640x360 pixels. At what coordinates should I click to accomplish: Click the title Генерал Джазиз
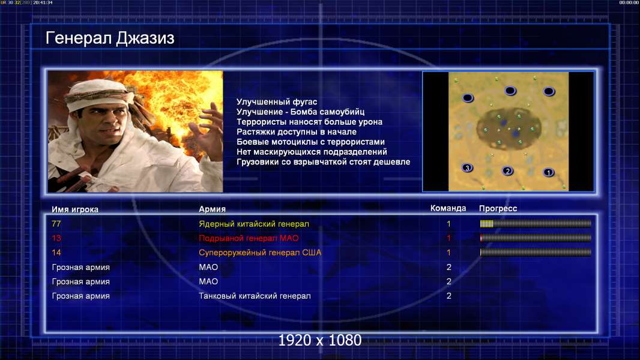click(110, 38)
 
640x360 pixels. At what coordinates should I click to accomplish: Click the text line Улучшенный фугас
click(277, 102)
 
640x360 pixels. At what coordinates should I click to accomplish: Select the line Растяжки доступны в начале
click(297, 131)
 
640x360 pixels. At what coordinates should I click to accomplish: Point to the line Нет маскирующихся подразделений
click(312, 152)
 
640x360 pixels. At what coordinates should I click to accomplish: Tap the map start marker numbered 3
click(467, 167)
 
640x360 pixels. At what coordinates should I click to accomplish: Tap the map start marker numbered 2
click(507, 171)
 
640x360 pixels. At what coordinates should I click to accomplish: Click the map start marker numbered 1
click(549, 172)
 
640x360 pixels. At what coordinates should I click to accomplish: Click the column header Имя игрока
click(75, 209)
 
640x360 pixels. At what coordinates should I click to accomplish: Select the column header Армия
click(213, 209)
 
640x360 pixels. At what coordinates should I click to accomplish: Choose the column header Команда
click(448, 208)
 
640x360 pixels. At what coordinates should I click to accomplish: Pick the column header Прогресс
click(498, 208)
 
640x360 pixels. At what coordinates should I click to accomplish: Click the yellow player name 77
click(56, 224)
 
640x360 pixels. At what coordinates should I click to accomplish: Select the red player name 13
click(56, 238)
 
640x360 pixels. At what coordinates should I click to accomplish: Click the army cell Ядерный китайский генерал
click(254, 224)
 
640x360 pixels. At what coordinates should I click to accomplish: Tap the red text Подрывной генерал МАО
click(249, 238)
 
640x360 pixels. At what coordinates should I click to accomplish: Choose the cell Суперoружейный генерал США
click(260, 253)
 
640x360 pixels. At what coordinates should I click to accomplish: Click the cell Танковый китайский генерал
click(255, 296)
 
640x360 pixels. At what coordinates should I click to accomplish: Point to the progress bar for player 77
click(536, 223)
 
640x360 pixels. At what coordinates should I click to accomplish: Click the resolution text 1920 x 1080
click(319, 340)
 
